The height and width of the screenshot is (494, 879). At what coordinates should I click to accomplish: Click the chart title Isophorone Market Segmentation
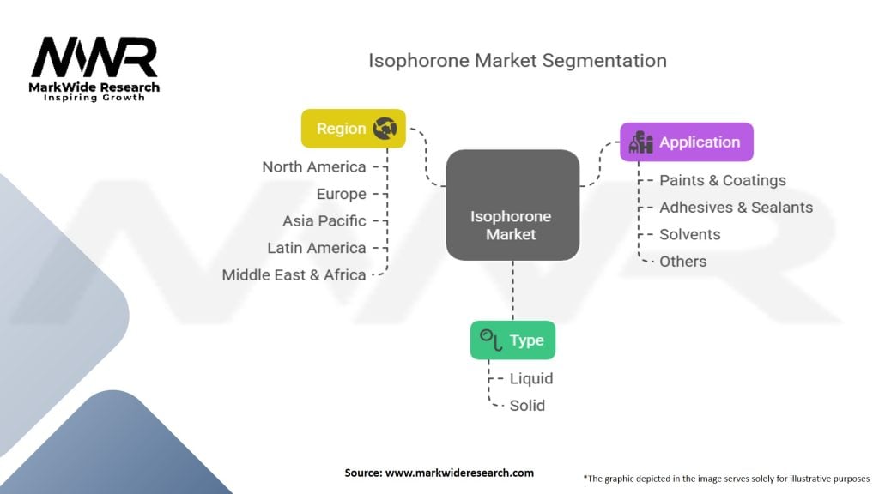click(517, 61)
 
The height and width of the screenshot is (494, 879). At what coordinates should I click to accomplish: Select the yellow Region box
click(353, 129)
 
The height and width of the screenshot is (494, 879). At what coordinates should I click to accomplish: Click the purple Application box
click(686, 142)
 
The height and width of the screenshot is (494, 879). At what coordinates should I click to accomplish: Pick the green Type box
click(512, 340)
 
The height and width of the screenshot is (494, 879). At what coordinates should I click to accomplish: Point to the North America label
click(314, 167)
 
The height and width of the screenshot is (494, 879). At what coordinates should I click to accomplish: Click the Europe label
click(341, 194)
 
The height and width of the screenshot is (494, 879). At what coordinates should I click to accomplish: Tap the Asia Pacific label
click(324, 220)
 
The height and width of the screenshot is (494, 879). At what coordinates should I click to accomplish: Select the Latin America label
click(317, 248)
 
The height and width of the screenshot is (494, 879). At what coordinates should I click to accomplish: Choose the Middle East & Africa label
click(294, 274)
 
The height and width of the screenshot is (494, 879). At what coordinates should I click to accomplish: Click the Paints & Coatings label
click(722, 180)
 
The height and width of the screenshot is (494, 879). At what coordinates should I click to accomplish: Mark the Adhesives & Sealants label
click(736, 207)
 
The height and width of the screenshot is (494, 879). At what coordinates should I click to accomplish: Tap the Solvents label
click(689, 234)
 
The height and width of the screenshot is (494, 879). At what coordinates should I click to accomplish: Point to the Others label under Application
click(682, 261)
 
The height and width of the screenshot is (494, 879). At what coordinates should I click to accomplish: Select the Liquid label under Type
click(530, 378)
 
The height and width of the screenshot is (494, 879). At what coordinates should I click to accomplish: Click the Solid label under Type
click(526, 405)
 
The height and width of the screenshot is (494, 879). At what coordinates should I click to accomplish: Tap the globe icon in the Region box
click(385, 129)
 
